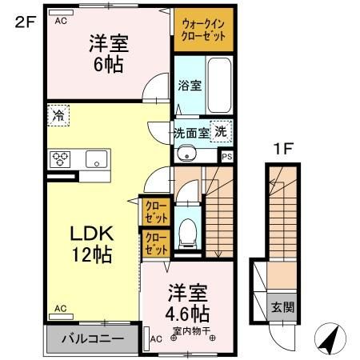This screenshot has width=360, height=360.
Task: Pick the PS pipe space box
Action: [x=227, y=157]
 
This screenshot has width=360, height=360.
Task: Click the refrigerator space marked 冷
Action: [x=58, y=115]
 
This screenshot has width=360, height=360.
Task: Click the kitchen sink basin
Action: [x=97, y=158]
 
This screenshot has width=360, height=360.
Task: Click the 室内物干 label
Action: [x=188, y=328]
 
